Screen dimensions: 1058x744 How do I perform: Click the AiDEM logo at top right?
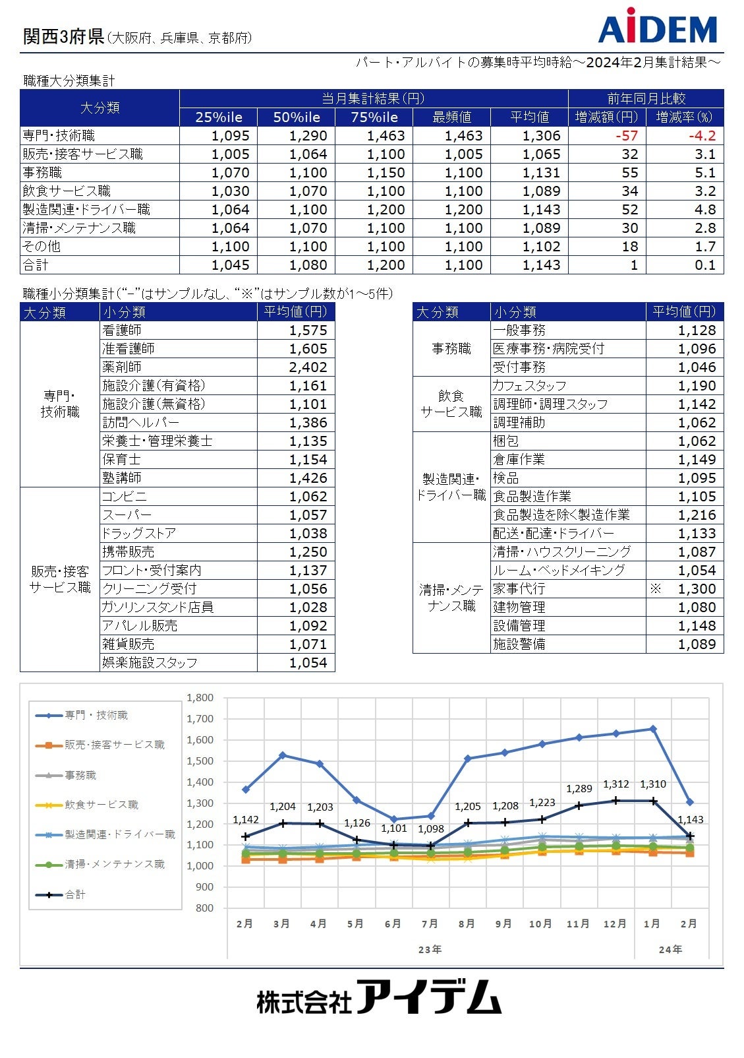657,27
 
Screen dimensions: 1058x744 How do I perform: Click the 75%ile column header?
374,117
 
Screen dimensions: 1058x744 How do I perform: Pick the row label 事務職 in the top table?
43,173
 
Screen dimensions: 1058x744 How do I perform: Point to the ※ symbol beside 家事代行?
655,588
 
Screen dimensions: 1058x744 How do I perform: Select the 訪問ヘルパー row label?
141,423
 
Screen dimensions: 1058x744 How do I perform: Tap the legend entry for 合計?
75,894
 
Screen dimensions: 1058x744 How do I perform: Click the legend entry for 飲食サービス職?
101,805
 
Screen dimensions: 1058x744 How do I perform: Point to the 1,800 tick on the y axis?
200,698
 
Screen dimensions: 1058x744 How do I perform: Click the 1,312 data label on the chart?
616,784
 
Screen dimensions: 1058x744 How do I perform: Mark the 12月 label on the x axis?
615,923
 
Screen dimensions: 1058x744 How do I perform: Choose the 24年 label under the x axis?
670,949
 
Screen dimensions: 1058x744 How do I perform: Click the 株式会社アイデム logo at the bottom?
379,997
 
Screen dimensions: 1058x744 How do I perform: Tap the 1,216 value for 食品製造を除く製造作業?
697,515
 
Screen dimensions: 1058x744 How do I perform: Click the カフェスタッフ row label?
530,386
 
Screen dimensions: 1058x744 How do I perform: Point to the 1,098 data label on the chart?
431,828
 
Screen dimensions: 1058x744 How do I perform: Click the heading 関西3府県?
64,37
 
